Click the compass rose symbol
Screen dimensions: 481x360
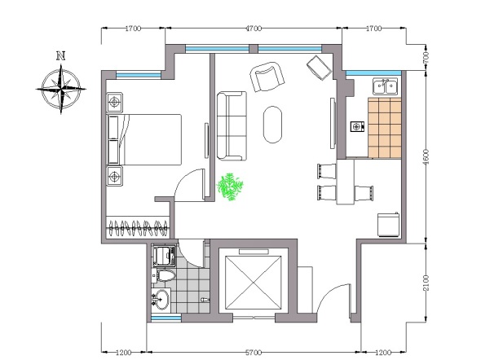click(x=61, y=89)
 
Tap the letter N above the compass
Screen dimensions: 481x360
click(x=61, y=56)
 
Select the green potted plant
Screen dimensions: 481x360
click(x=230, y=187)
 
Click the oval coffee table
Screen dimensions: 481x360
click(x=272, y=125)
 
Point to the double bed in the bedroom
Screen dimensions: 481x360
click(x=144, y=139)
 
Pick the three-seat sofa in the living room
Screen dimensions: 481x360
click(x=232, y=126)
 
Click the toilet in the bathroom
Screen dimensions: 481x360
click(x=165, y=275)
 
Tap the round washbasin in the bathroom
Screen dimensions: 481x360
click(x=161, y=300)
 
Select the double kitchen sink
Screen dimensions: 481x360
click(x=386, y=86)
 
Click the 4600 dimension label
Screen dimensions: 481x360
click(x=426, y=157)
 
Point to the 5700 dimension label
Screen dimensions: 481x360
click(x=254, y=353)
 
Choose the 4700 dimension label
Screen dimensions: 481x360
click(x=254, y=29)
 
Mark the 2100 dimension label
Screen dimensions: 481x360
click(x=426, y=283)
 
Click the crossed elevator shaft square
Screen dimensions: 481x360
click(x=253, y=283)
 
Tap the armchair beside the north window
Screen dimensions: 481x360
click(x=267, y=77)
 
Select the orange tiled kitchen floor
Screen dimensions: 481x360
click(x=385, y=128)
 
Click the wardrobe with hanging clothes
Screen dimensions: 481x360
click(x=138, y=227)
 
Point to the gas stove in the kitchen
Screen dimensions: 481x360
click(x=357, y=126)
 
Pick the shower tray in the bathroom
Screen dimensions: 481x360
click(x=164, y=256)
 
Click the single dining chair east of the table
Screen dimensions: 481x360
click(x=364, y=193)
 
